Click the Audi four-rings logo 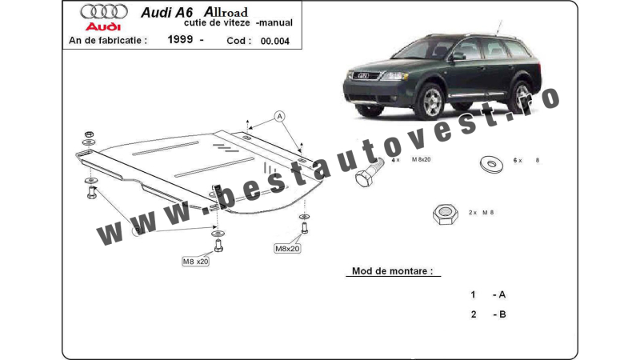tap(104, 12)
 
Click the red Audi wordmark tap(103, 27)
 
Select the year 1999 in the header tap(180, 39)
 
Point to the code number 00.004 tap(274, 42)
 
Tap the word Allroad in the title tap(226, 12)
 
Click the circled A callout tap(279, 116)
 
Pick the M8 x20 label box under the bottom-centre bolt tap(195, 262)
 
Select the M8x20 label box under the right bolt tap(287, 249)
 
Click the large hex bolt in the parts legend tap(369, 173)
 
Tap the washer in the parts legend tap(491, 164)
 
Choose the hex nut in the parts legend tap(446, 214)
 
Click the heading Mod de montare tap(392, 271)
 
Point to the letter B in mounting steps tap(502, 314)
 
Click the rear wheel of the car tap(522, 96)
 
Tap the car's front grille tap(362, 75)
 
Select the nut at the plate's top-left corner tap(89, 134)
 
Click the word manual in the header tap(275, 23)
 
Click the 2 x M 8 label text tap(482, 213)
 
